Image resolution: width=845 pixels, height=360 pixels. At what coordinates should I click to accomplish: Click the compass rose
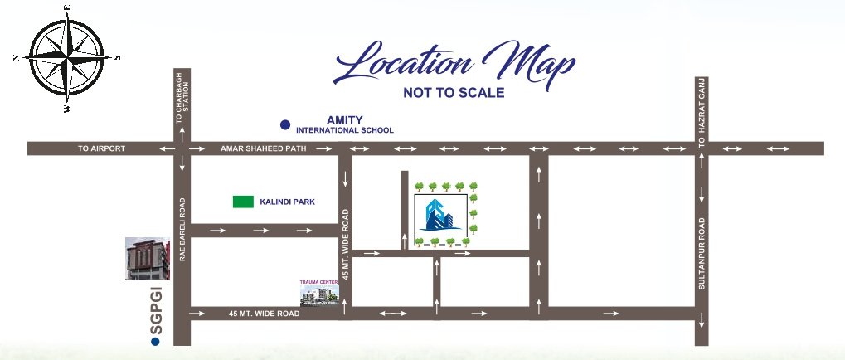coord(67,57)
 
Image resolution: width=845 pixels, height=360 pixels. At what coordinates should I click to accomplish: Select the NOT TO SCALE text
coord(454,93)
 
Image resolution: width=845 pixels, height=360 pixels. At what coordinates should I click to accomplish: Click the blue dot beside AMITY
coord(285,125)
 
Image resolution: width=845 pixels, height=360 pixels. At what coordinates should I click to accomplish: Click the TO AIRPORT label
coord(101,148)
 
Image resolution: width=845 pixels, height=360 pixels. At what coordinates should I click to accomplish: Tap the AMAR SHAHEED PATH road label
coord(264,148)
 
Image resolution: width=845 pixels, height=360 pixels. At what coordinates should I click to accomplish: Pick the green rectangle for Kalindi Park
coord(243,202)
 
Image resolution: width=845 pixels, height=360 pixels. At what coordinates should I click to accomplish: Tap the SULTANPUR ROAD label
coord(702,253)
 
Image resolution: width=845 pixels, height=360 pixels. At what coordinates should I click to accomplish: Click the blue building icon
coord(440,215)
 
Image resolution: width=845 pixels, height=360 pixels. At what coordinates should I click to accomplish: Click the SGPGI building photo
coord(147,259)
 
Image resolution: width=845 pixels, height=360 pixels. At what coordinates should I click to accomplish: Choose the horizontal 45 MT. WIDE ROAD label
coord(264,314)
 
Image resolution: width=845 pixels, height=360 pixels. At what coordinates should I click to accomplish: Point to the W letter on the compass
coord(67,108)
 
